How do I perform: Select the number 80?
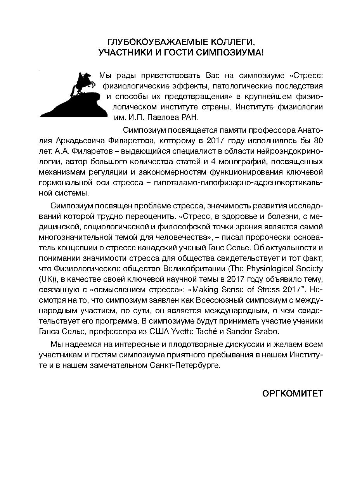[318, 140]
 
